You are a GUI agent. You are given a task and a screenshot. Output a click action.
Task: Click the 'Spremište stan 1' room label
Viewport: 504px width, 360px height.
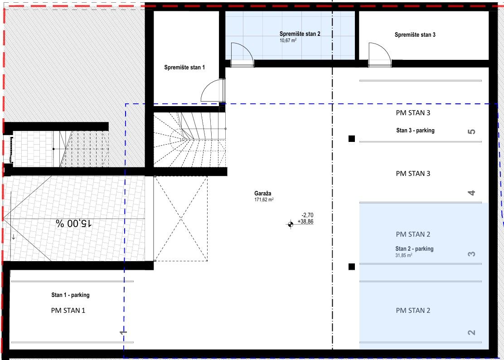tap(184, 68)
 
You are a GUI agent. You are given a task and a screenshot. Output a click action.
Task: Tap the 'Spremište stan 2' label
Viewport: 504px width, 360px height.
tap(300, 34)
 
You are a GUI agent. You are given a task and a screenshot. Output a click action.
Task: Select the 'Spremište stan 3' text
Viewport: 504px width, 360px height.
tap(415, 35)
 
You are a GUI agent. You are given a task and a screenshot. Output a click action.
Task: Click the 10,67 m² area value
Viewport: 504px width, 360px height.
tap(288, 40)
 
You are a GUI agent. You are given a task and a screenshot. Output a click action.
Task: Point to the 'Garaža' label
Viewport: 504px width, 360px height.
tap(262, 194)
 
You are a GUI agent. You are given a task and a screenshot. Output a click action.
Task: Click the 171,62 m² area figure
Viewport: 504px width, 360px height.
tap(264, 199)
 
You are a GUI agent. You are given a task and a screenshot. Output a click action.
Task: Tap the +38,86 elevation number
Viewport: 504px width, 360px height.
tap(305, 221)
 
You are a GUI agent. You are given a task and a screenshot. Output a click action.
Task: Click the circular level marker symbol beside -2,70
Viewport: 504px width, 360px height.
tap(290, 224)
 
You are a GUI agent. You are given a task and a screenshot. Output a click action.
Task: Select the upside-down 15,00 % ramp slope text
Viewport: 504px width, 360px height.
tap(74, 224)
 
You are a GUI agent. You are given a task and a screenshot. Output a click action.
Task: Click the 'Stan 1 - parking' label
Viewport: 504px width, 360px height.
tap(70, 295)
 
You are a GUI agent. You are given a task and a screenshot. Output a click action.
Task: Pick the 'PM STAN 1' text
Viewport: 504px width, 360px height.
tap(68, 311)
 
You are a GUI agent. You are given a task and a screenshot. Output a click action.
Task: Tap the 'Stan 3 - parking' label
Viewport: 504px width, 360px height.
tap(415, 131)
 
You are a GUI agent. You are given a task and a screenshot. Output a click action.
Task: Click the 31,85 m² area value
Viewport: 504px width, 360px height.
tap(404, 256)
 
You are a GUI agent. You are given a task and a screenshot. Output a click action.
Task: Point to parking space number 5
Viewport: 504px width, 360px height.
tap(471, 131)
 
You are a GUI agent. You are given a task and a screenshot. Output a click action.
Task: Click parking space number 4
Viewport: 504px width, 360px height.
tap(471, 193)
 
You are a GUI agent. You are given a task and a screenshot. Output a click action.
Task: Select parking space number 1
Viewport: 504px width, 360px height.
tap(123, 332)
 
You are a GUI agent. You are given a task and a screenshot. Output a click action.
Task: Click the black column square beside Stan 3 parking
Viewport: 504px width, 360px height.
tap(352, 139)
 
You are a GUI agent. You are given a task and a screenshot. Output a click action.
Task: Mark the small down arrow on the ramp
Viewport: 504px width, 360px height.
tap(14, 237)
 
